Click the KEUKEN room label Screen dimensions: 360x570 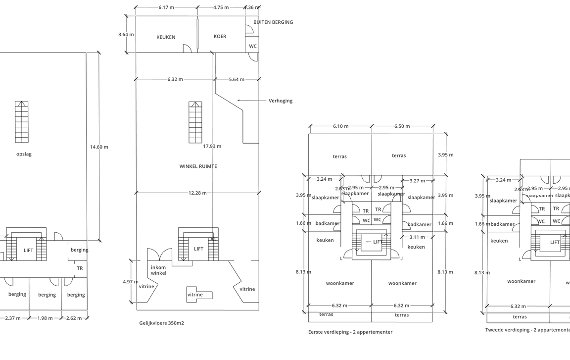[x=166, y=37]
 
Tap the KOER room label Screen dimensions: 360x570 [x=220, y=37]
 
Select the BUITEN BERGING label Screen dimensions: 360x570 [x=273, y=22]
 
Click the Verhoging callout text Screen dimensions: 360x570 [x=281, y=101]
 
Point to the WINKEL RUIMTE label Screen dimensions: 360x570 [x=198, y=166]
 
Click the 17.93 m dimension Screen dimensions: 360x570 [x=212, y=146]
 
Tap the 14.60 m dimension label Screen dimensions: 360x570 [x=99, y=147]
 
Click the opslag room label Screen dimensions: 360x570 [x=24, y=154]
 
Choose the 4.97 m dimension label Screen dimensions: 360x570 [x=130, y=282]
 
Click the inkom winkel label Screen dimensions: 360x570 [x=158, y=270]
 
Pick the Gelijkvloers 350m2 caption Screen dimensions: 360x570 [x=162, y=323]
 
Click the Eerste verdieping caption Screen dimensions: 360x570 [x=350, y=332]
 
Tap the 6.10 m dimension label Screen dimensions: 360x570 [x=340, y=126]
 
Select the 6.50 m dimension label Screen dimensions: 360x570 [x=402, y=126]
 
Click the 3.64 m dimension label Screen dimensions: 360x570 [x=126, y=35]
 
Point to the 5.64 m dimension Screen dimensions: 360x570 [x=237, y=79]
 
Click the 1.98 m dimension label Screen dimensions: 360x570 [x=45, y=318]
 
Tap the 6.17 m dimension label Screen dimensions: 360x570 [x=166, y=8]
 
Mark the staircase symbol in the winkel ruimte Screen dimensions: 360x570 [x=195, y=122]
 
